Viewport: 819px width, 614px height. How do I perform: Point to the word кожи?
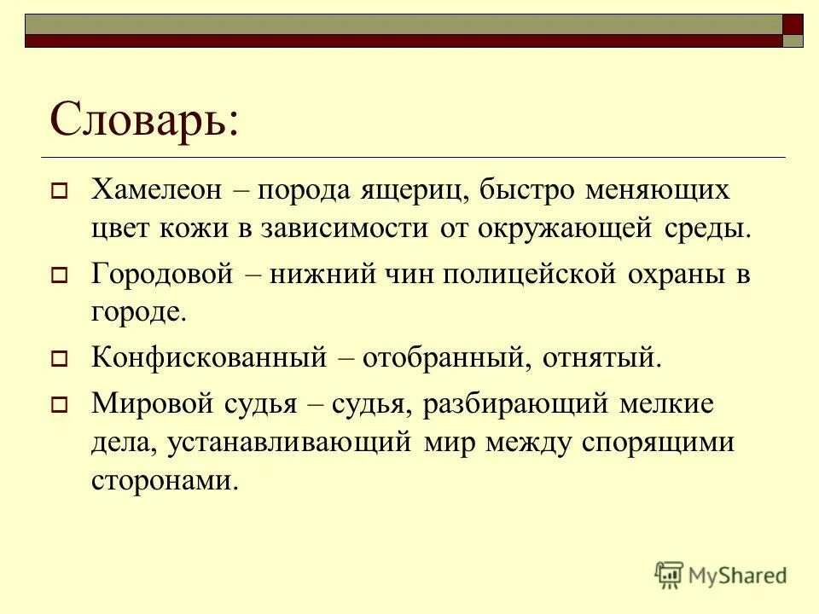click(193, 229)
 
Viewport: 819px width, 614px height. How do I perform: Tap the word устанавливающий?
click(288, 442)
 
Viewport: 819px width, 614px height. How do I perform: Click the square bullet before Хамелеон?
click(61, 191)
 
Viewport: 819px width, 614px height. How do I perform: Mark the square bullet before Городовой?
click(61, 276)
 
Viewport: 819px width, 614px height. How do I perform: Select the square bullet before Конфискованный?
click(61, 358)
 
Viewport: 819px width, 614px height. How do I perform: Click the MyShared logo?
click(721, 575)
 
